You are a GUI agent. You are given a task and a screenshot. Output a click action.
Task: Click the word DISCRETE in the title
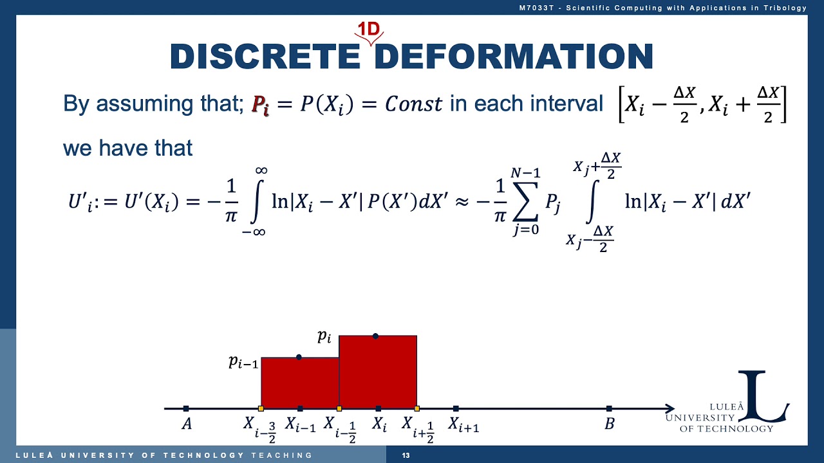click(265, 57)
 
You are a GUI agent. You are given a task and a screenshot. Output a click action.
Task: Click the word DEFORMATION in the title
click(513, 57)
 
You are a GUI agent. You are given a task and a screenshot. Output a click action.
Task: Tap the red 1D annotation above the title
click(370, 30)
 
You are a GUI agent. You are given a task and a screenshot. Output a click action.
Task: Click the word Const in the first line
click(413, 104)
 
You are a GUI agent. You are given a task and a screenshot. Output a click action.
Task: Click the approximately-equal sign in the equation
click(461, 201)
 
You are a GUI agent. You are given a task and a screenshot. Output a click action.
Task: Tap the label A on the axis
click(187, 424)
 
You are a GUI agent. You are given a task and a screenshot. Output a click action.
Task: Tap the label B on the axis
click(609, 424)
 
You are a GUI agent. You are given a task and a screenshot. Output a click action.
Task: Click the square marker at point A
click(186, 408)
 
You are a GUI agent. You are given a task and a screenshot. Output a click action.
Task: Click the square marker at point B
click(609, 408)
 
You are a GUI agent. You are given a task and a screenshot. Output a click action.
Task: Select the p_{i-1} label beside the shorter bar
click(243, 362)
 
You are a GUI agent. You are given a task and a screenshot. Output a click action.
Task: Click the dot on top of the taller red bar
click(375, 336)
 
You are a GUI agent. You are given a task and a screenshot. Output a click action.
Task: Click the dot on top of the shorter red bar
click(299, 357)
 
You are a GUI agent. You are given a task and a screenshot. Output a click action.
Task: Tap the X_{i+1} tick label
click(464, 424)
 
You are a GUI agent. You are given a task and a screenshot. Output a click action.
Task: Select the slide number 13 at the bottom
click(406, 456)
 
